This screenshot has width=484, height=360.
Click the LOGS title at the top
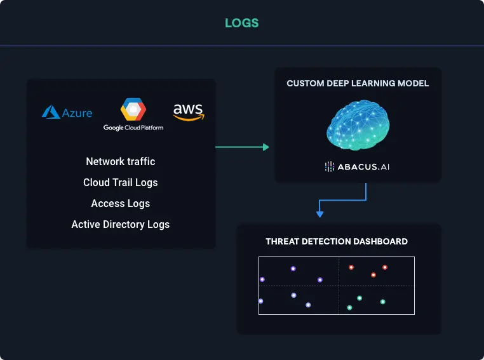click(242, 23)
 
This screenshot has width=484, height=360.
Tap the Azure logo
click(67, 112)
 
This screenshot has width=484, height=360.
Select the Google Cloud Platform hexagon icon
click(133, 109)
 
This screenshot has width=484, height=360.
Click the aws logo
click(189, 112)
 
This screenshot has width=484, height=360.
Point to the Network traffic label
click(121, 161)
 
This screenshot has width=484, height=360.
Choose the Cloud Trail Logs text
click(121, 182)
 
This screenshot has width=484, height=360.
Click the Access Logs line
click(121, 203)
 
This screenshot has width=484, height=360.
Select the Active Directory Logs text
click(121, 225)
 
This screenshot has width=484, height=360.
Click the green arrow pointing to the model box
click(242, 147)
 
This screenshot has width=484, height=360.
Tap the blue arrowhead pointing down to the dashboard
click(319, 214)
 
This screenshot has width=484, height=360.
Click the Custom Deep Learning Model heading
click(358, 83)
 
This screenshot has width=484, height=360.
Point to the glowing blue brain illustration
click(358, 125)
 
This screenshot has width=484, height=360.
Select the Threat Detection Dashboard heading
click(337, 241)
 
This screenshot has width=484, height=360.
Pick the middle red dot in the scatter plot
click(373, 275)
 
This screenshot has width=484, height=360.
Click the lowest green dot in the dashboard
click(349, 307)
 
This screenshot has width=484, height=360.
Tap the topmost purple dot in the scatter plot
click(293, 269)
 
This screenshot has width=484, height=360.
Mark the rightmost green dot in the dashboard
click(383, 302)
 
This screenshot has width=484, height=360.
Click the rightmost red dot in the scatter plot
click(385, 267)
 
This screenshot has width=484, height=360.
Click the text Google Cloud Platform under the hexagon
click(133, 128)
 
